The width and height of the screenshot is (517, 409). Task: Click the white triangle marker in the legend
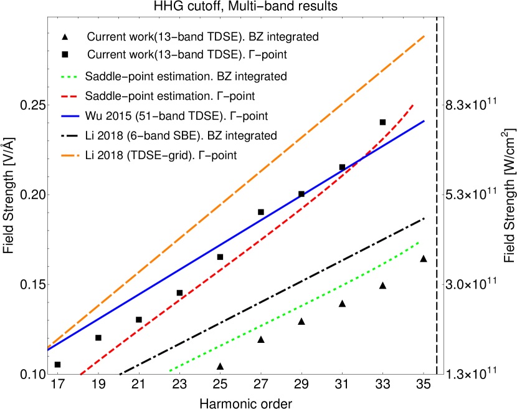tap(65, 37)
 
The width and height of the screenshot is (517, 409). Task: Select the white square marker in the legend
tap(65, 55)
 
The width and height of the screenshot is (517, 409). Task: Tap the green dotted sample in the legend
tap(69, 77)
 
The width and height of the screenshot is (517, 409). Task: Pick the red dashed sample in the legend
tap(69, 97)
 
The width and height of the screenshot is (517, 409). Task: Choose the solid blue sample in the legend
tap(70, 117)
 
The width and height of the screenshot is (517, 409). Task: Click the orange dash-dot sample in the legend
tap(70, 155)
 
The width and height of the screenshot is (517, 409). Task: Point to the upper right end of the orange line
tap(424, 36)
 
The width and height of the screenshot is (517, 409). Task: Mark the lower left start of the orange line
tap(49, 347)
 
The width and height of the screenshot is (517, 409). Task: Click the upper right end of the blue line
tap(424, 121)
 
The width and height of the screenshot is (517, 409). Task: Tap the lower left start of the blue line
tap(49, 349)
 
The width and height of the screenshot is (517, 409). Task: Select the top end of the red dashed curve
tap(413, 105)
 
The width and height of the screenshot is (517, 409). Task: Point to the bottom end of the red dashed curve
tap(81, 374)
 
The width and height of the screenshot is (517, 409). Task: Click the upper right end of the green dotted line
tap(418, 243)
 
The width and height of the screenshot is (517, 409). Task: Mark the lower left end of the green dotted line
tap(170, 370)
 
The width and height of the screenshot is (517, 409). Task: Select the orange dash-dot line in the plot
tap(237, 191)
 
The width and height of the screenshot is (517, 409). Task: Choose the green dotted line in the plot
tap(293, 307)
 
